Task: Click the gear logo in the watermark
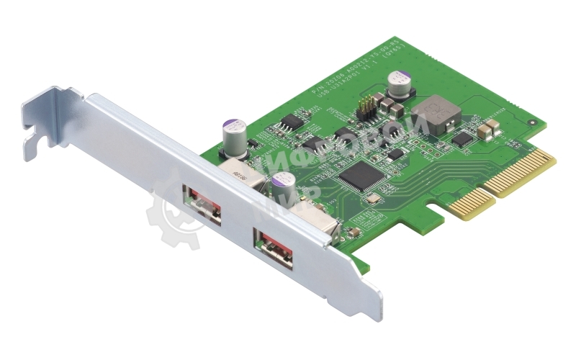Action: [174, 217]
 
